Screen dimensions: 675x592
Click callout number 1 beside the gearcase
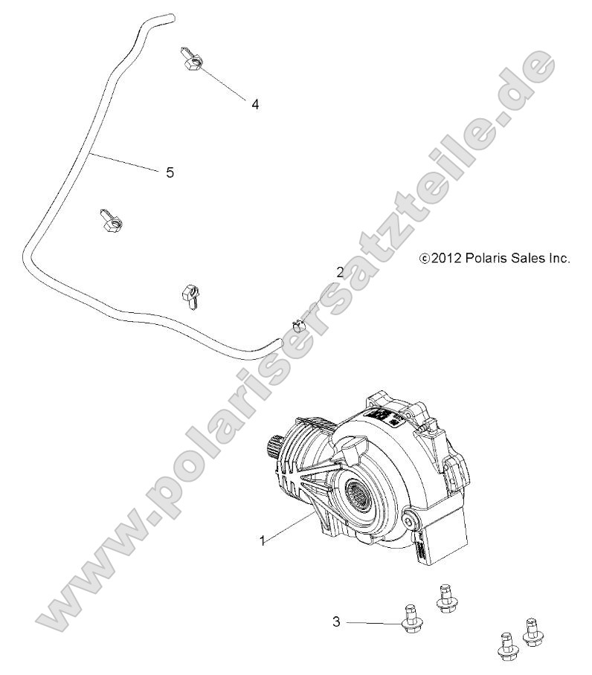261,541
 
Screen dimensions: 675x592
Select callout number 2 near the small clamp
340,272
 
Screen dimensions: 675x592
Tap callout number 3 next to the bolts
336,621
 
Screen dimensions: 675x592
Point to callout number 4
254,105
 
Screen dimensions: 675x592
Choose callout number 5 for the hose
170,172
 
